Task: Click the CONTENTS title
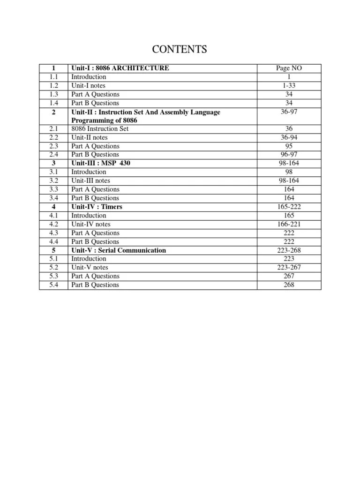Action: click(180, 49)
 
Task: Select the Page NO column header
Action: click(289, 68)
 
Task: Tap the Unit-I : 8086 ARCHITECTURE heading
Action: click(120, 68)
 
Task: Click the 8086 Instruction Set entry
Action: click(100, 128)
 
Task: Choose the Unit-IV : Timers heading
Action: click(97, 207)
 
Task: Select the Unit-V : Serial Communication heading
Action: click(119, 250)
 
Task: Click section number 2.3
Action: click(53, 146)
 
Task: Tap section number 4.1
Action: click(53, 216)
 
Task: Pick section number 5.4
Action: click(53, 285)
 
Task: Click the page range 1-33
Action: click(289, 85)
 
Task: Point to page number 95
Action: click(289, 146)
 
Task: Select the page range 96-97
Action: click(289, 154)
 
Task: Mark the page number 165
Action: click(289, 216)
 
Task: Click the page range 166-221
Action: click(289, 224)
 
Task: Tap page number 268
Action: click(289, 285)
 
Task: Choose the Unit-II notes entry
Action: click(90, 137)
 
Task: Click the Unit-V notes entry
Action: click(90, 268)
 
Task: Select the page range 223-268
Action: click(289, 250)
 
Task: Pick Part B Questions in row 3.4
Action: click(95, 198)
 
